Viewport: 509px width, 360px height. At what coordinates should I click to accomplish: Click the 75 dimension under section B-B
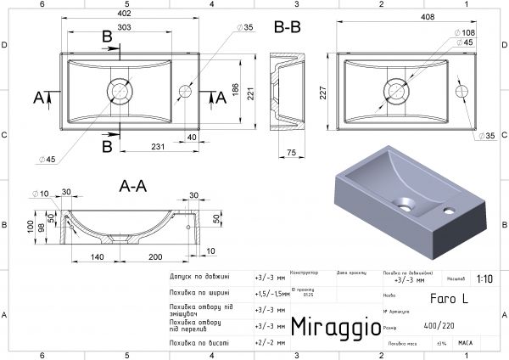pos(289,153)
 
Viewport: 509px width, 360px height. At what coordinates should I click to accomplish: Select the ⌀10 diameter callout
pos(40,193)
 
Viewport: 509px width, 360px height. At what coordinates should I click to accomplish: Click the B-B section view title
pos(288,28)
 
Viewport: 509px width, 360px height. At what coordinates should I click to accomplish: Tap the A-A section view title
pos(125,183)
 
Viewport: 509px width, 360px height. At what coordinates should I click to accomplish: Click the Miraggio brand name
pos(330,327)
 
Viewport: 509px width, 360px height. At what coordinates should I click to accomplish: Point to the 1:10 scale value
pos(485,278)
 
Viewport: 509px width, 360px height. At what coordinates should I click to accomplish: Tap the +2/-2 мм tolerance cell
pos(271,342)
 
